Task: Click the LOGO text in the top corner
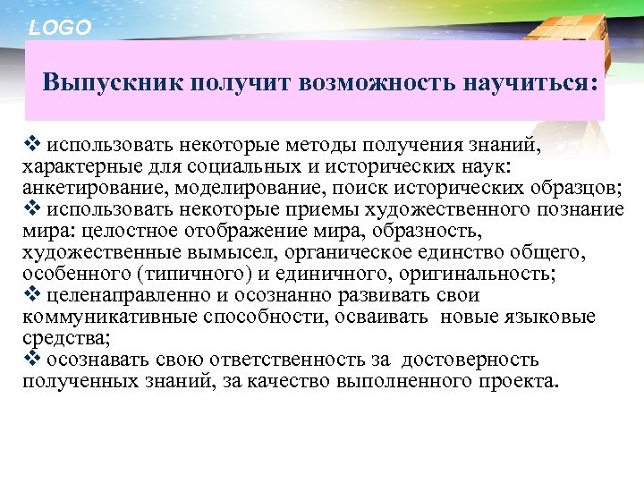(60, 28)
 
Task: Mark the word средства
(57, 339)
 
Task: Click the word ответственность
(265, 360)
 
